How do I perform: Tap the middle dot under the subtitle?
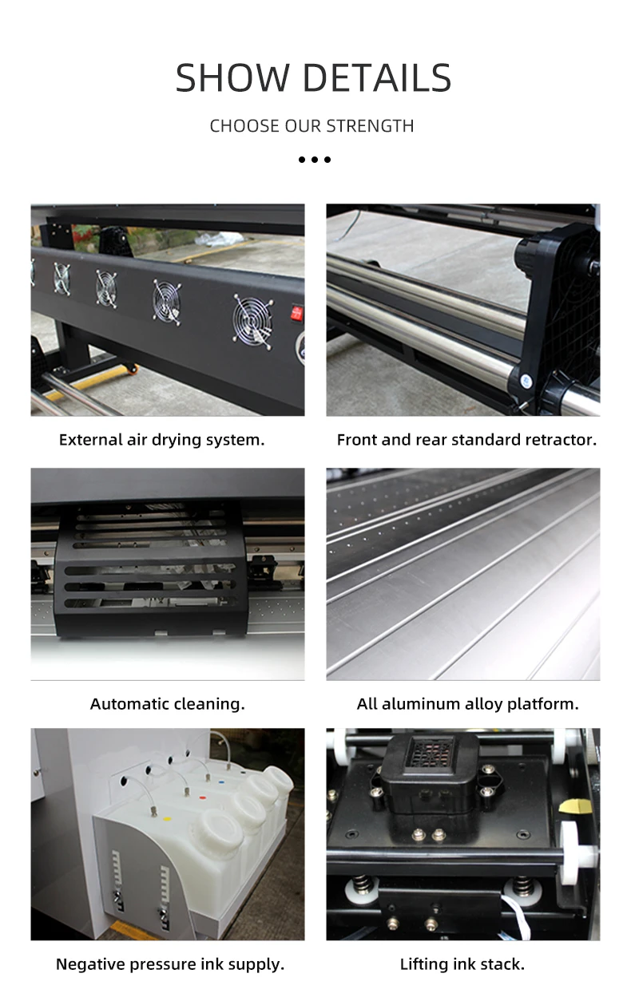pos(315,160)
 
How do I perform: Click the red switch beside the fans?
pos(298,311)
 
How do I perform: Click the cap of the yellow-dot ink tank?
pos(221,832)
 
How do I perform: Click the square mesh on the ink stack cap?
pos(432,752)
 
